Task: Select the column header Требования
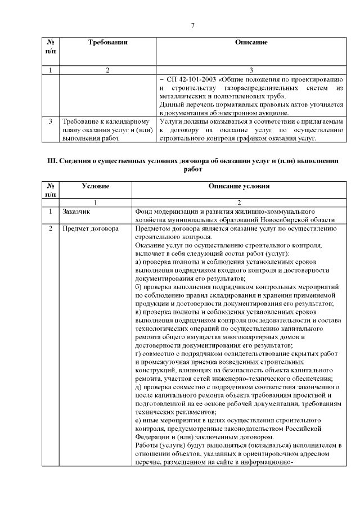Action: click(x=107, y=42)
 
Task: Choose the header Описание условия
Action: click(x=238, y=186)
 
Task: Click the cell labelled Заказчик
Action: click(x=76, y=211)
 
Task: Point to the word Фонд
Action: click(x=144, y=211)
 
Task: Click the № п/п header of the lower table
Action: click(x=50, y=190)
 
